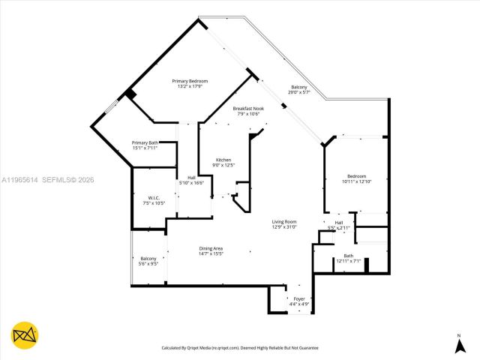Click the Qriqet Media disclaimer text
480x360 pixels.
[240, 348]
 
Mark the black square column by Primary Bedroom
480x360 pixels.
[130, 94]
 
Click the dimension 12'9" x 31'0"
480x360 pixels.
[284, 227]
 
